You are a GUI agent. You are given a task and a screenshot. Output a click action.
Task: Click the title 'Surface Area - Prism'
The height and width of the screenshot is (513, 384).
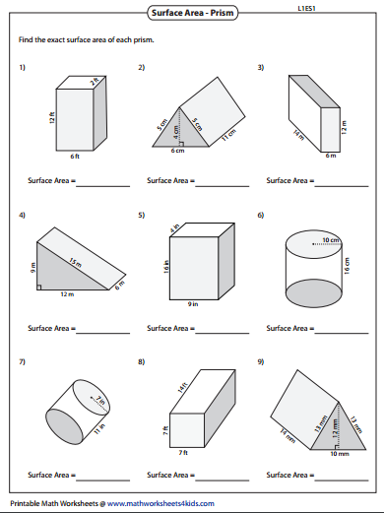point(192,13)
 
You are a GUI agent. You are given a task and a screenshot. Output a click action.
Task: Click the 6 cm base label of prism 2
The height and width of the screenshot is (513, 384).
point(177,152)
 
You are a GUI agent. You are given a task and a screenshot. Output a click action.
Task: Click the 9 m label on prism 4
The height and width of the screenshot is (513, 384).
point(32,265)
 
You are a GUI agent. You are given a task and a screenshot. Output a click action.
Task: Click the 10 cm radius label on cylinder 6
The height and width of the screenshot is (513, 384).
point(325,239)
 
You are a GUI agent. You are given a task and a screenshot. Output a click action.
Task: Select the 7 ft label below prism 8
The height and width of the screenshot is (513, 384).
point(182,451)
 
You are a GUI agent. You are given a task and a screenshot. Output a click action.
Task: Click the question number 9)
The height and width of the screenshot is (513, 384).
point(261,361)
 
